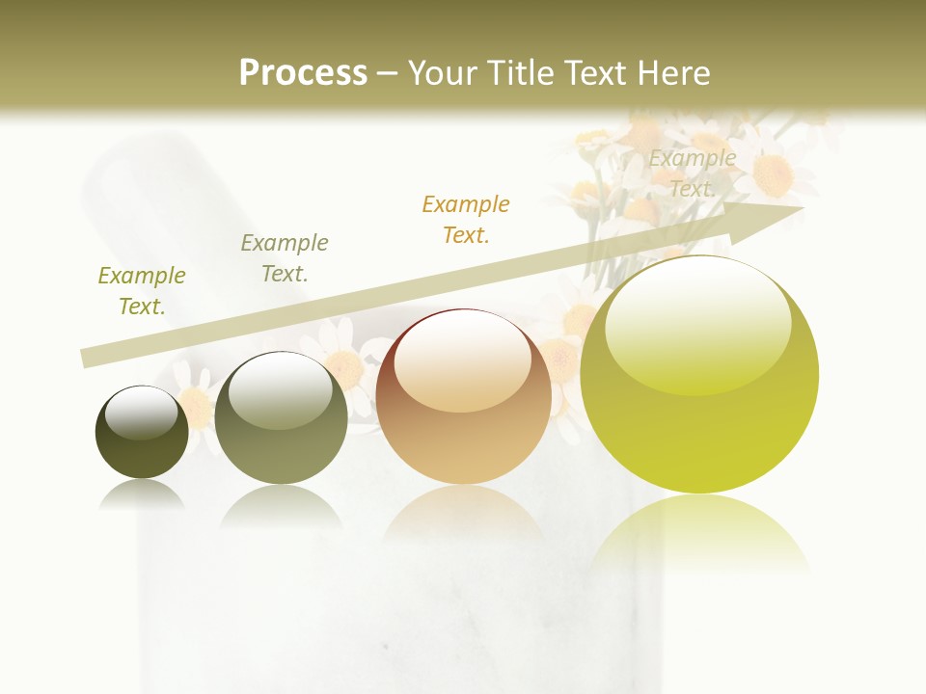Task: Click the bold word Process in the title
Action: [303, 73]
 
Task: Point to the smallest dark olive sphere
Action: [142, 432]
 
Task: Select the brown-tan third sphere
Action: [464, 396]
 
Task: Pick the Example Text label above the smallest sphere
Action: [142, 291]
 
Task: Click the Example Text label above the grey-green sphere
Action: [285, 258]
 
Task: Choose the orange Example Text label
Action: [466, 220]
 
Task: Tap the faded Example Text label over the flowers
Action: [692, 173]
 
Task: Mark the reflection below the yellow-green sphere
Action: [699, 530]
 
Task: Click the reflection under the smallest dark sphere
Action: [142, 494]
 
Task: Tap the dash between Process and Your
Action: [388, 73]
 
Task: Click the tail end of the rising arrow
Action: [87, 359]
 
